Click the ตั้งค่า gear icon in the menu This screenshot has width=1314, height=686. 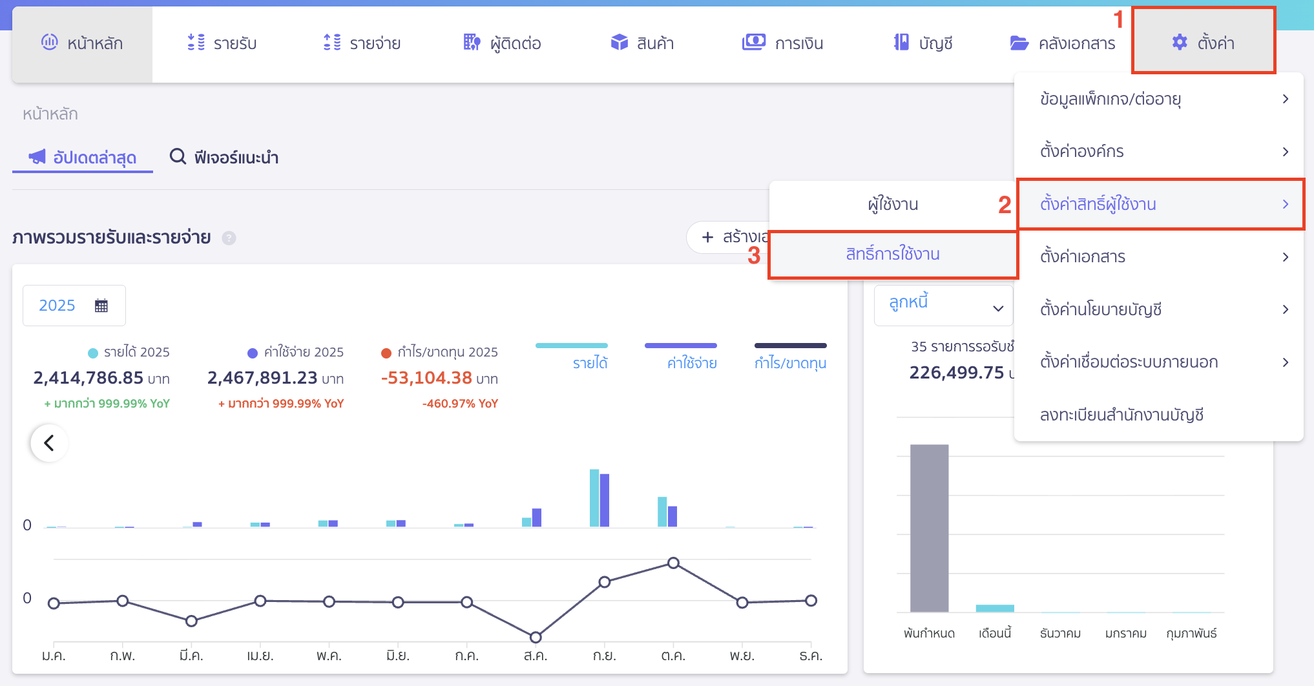click(x=1180, y=43)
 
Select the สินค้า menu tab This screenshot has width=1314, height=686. click(x=642, y=43)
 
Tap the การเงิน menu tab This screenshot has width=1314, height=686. click(x=782, y=43)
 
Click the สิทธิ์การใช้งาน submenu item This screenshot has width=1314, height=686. click(x=893, y=255)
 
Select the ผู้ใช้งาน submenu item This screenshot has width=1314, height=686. click(x=893, y=204)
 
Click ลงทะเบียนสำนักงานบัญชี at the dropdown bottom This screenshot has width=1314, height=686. click(x=1122, y=415)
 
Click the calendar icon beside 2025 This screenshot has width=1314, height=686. click(x=101, y=306)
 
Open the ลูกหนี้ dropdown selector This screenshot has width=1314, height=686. click(x=943, y=306)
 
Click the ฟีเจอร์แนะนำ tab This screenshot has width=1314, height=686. click(x=224, y=157)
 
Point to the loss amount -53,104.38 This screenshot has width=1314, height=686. click(x=426, y=377)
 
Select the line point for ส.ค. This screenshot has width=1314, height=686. click(x=536, y=638)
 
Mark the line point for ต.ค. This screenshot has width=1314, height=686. click(x=673, y=563)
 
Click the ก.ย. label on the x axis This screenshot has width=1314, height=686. click(x=604, y=656)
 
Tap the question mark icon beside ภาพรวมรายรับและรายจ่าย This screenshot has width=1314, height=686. click(x=229, y=238)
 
